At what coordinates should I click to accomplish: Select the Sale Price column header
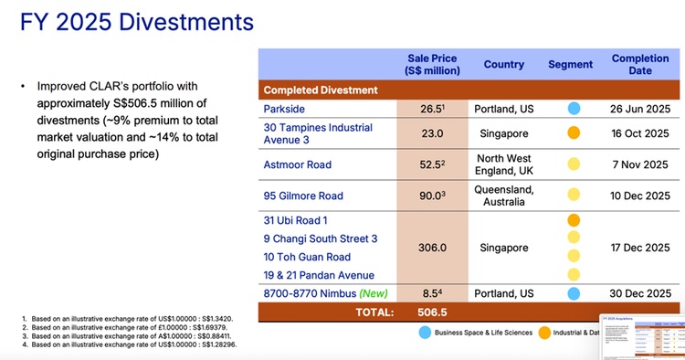point(433,64)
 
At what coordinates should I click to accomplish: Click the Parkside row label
point(285,109)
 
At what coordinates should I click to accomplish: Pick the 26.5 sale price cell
point(431,109)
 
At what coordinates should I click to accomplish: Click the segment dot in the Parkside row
point(573,109)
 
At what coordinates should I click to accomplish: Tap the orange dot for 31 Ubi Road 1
point(573,220)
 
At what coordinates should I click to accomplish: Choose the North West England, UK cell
point(503,165)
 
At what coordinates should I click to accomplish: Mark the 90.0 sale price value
point(431,195)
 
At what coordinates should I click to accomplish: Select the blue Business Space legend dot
point(424,334)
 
